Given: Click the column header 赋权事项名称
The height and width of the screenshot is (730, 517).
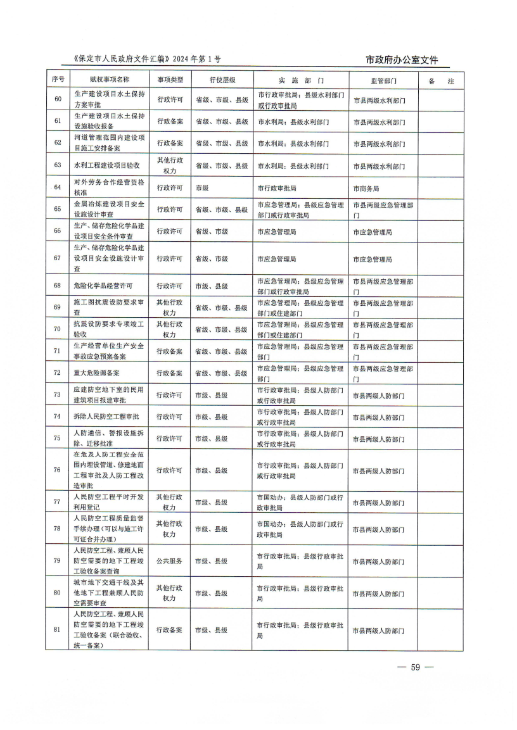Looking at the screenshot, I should click(110, 80).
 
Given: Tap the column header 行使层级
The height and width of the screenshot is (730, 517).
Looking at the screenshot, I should click(222, 80).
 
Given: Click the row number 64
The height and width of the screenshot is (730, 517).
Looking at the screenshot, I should click(58, 188).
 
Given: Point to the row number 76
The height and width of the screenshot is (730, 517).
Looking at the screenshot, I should click(58, 470).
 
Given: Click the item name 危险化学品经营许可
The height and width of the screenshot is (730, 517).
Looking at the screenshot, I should click(103, 286).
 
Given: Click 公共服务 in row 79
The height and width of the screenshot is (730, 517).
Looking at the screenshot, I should click(170, 561).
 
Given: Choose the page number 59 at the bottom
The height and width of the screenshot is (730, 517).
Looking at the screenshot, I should click(415, 667).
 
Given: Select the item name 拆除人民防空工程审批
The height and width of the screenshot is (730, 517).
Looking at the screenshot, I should click(106, 417).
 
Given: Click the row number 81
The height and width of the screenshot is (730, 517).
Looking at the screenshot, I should click(58, 630).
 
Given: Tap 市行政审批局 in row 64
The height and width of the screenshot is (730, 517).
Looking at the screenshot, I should click(277, 189).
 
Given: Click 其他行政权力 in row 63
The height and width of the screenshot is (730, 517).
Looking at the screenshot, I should click(170, 166).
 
